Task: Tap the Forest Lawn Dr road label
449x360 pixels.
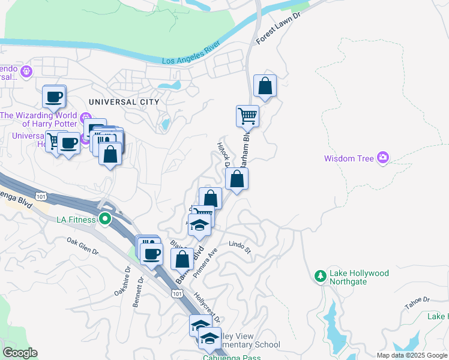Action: [x=277, y=28]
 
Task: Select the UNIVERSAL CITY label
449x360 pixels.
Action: [x=124, y=102]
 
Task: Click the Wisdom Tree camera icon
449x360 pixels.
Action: [x=383, y=158]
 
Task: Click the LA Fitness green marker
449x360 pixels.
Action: [x=105, y=220]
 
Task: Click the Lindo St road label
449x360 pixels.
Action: [x=240, y=248]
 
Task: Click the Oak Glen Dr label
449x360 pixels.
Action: [x=83, y=247]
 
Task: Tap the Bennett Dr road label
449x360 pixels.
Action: [x=137, y=292]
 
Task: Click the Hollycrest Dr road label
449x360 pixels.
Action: [x=208, y=307]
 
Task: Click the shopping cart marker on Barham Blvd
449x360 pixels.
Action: [x=247, y=115]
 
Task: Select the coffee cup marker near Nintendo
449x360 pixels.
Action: [x=54, y=96]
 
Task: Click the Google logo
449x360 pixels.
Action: [x=20, y=353]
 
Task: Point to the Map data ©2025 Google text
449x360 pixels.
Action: [x=411, y=355]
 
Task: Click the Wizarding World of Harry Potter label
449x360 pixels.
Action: [x=39, y=119]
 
